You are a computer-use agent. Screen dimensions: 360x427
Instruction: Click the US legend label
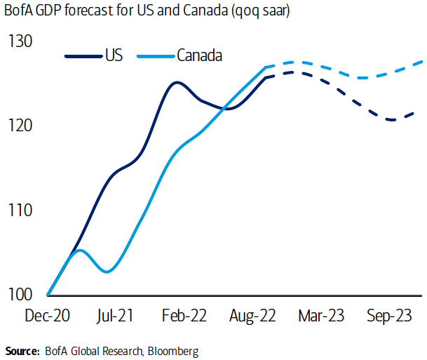pos(114,55)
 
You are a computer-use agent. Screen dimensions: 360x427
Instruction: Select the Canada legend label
pos(200,55)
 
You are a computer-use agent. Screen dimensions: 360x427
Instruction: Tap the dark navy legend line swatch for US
pos(83,55)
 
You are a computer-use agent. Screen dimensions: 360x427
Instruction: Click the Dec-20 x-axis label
pos(48,316)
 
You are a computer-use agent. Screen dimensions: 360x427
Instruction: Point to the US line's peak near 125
pos(177,82)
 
